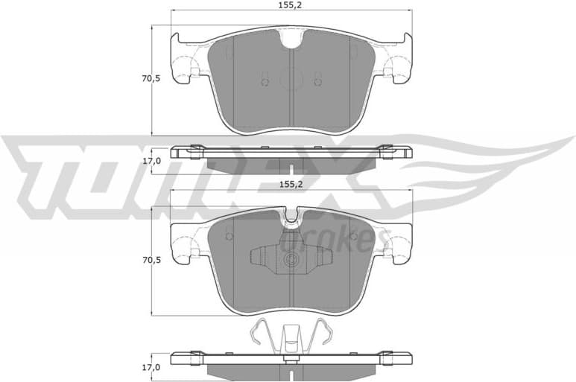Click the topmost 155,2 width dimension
[x=290, y=5]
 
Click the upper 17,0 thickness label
[x=152, y=160]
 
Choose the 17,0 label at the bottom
[x=152, y=367]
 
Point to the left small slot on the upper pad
[x=263, y=78]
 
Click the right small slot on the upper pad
[x=317, y=78]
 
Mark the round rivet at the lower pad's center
[x=291, y=261]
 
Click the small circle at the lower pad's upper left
[x=229, y=236]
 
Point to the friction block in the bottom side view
[x=290, y=370]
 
